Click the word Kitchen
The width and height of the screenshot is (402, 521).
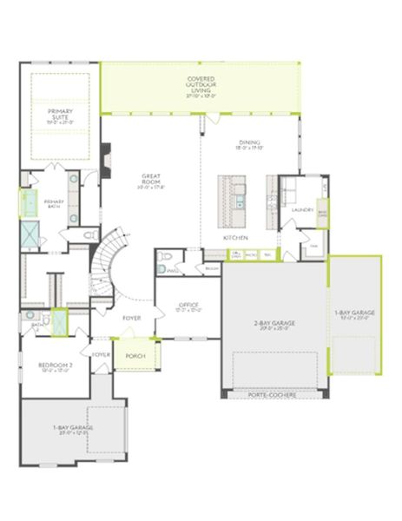tap(235, 237)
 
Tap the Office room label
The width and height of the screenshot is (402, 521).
tap(188, 306)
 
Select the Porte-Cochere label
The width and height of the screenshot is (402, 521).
tap(272, 394)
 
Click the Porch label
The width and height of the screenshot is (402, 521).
tap(134, 356)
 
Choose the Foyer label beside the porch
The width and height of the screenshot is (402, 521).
tap(101, 354)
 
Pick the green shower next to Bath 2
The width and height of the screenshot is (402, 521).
tap(59, 320)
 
